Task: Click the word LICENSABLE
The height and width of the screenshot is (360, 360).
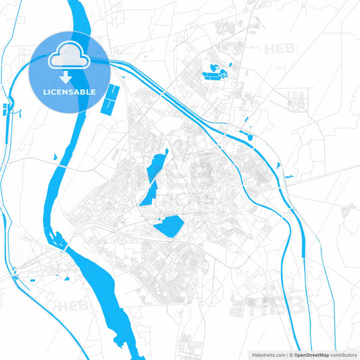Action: tap(70, 91)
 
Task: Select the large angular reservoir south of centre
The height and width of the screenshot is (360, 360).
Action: tap(169, 226)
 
